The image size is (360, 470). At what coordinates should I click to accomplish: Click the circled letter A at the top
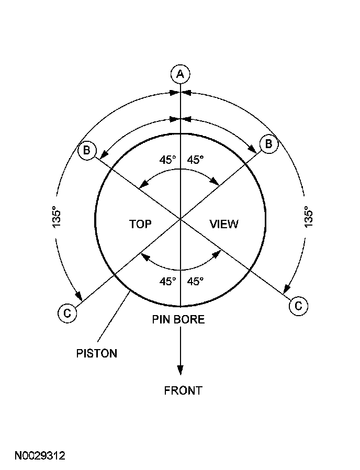tap(180, 74)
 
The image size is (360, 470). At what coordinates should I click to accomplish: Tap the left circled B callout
tap(86, 151)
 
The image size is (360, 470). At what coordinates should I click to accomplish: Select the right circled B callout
tap(268, 144)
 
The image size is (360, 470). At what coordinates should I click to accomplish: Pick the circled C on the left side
tap(66, 313)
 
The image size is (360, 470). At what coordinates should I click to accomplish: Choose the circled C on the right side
tap(298, 306)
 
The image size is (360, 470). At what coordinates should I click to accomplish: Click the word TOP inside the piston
tap(140, 224)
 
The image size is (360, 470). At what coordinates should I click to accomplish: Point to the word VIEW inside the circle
tap(224, 224)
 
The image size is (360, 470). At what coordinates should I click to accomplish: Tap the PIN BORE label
tap(178, 319)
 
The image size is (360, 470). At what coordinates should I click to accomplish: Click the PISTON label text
tap(97, 353)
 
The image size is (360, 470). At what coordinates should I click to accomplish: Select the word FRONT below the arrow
tap(183, 390)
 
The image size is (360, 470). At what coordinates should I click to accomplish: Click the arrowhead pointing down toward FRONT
tap(180, 370)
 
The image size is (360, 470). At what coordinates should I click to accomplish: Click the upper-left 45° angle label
tap(167, 160)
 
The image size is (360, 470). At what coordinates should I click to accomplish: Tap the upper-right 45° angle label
tap(195, 160)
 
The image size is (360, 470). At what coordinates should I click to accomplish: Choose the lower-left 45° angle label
tap(167, 281)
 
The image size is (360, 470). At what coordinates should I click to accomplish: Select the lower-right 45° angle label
tap(195, 281)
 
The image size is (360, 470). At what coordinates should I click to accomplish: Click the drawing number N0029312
tap(40, 456)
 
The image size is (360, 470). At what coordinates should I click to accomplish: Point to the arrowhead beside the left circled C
tap(80, 297)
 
